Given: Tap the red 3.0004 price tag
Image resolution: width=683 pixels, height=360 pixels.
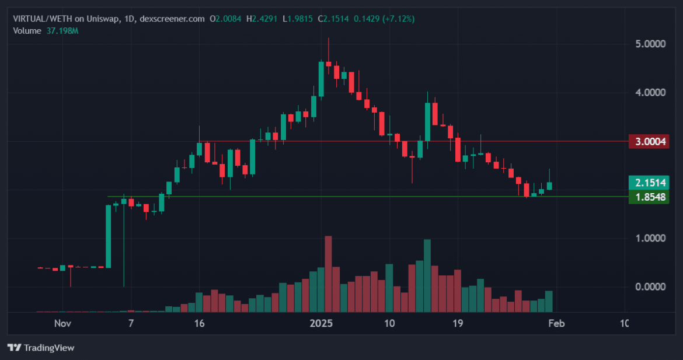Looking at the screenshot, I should click(x=649, y=141).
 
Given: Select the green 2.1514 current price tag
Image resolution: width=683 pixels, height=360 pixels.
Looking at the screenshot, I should click(x=649, y=183).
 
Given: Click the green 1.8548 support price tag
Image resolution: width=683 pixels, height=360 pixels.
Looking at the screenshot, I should click(x=649, y=197).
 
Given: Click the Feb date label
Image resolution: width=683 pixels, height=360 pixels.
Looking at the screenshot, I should click(x=555, y=324).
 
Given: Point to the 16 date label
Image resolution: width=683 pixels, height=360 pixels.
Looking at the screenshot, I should click(x=199, y=324).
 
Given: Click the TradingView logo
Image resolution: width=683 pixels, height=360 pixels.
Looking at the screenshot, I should click(x=41, y=348).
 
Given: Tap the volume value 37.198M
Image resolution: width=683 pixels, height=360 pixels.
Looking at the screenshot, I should click(x=62, y=30).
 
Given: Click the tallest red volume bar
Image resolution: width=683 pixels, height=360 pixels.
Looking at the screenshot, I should click(x=328, y=274).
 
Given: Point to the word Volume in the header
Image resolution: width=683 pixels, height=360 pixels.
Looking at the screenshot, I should click(x=27, y=30).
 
